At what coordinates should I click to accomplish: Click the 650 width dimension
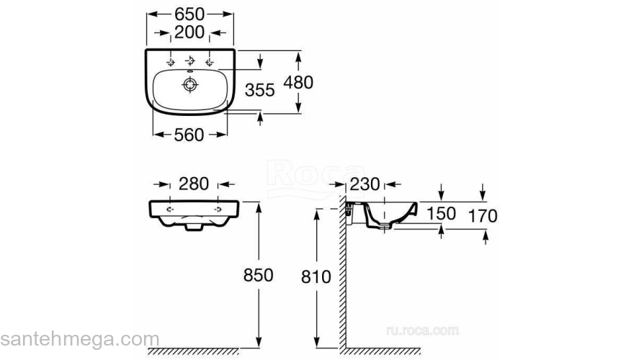(189, 14)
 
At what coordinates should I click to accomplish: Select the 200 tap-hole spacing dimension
(189, 32)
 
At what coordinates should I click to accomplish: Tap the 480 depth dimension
(298, 82)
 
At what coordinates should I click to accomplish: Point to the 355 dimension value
(259, 90)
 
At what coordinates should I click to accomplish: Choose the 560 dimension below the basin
(189, 135)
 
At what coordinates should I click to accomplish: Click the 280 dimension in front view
(194, 184)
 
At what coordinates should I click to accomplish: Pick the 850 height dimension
(259, 275)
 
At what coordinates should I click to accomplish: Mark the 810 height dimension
(316, 277)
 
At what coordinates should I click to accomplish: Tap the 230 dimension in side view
(365, 184)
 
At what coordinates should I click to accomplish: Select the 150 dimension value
(441, 214)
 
